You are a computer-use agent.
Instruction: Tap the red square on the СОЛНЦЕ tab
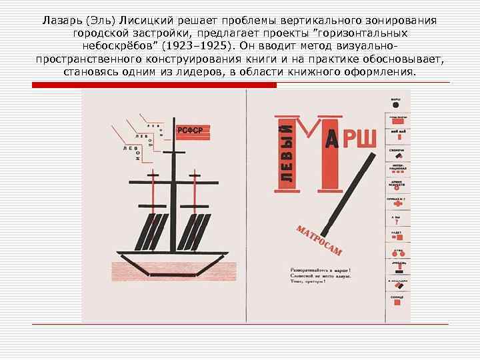pyautogui.click(x=396, y=303)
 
